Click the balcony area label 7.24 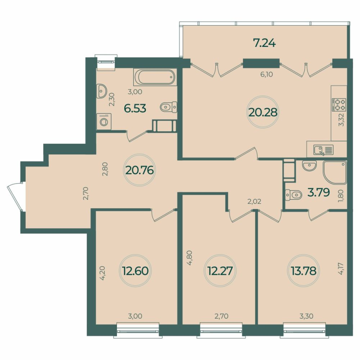tap(264, 44)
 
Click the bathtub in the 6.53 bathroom tap(155, 77)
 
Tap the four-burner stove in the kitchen tap(339, 105)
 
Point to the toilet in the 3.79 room tap(294, 195)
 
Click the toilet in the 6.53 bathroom tap(168, 107)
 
